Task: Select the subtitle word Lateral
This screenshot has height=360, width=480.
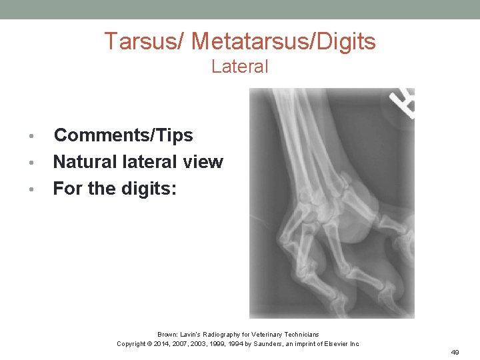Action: point(240,67)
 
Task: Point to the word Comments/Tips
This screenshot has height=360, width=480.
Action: point(123,135)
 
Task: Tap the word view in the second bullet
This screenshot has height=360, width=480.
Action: point(203,162)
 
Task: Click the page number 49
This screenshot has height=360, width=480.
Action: point(455,352)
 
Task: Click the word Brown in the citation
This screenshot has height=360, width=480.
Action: point(167,335)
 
